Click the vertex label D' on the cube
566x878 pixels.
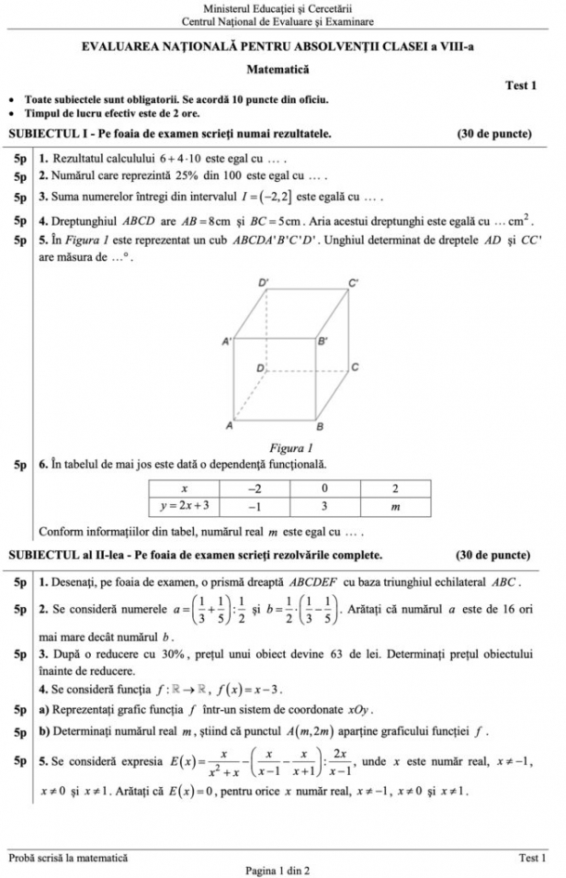click(x=264, y=281)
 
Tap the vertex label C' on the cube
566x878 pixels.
click(x=354, y=281)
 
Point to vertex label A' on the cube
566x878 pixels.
click(x=225, y=342)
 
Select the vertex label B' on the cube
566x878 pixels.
click(x=322, y=342)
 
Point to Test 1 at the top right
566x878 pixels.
click(x=521, y=85)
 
